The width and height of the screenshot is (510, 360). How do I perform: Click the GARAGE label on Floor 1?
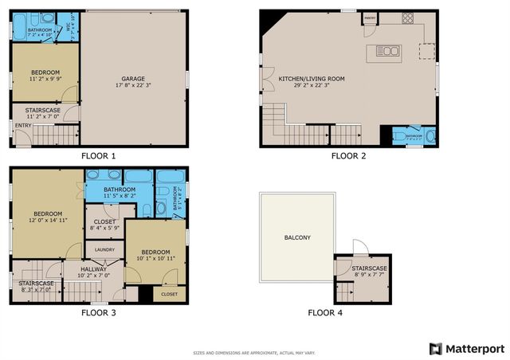pos(132,79)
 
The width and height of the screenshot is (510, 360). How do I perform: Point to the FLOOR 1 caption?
pos(99,155)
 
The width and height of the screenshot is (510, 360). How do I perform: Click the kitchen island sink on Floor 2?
pos(389,52)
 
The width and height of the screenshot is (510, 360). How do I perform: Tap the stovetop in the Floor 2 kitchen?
pos(408,21)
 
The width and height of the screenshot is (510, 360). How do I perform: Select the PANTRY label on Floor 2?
pos(370,17)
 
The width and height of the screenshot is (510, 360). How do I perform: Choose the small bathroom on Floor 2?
pos(414,135)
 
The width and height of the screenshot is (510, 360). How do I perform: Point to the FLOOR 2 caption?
pos(348,155)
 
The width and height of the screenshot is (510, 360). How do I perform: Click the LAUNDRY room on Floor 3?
pos(104,249)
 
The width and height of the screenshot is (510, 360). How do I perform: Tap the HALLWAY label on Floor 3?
pos(92,270)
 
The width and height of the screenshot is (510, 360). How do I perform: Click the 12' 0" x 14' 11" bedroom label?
pos(48,214)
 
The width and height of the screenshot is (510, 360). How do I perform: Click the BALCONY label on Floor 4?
pos(296,237)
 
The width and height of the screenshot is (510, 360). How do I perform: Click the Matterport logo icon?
pos(435,349)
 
